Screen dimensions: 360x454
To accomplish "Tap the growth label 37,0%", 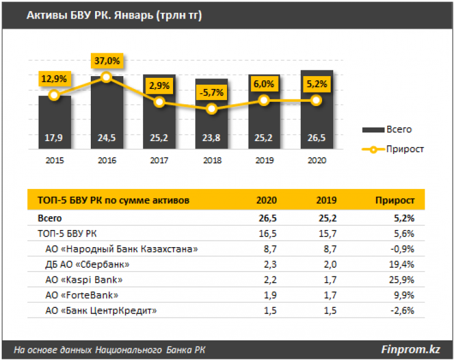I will (107, 61).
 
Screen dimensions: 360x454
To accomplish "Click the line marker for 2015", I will (54, 95).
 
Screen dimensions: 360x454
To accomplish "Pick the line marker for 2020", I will (317, 100).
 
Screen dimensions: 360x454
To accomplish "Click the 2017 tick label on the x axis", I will (159, 159).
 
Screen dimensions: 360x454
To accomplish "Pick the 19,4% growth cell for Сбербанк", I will (402, 264).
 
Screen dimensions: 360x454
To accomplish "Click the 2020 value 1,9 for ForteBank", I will (270, 295).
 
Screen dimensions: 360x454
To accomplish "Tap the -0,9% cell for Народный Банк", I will (402, 249).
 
